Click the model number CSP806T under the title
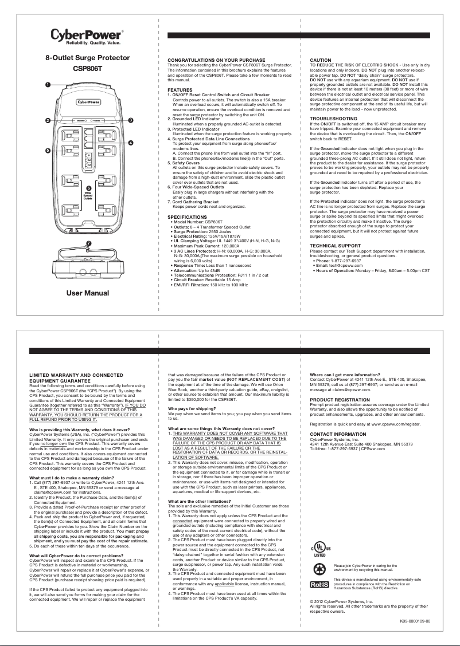pos(88,69)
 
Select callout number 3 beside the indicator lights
pos(131,120)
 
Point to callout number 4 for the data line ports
pos(131,143)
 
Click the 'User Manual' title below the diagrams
pos(88,293)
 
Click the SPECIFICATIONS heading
pos(187,218)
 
